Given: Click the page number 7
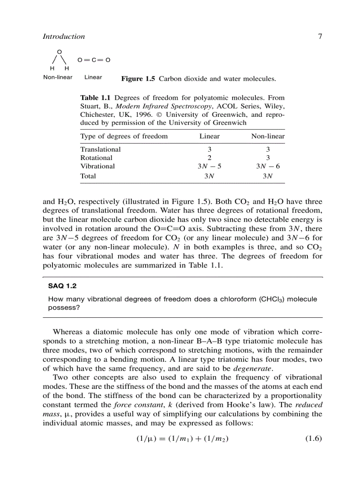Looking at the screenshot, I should [x=320, y=37].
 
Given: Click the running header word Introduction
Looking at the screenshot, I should [x=64, y=37].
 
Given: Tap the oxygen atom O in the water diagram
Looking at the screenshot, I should [x=59, y=52].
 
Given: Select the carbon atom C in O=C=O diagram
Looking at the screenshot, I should [x=94, y=60].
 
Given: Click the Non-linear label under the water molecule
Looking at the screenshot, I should [x=57, y=77].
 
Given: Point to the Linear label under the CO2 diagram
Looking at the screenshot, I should [x=93, y=77].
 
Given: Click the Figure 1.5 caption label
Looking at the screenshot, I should [x=138, y=79].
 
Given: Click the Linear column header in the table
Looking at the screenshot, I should [x=209, y=136].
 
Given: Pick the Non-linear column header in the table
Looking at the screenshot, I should [x=268, y=136].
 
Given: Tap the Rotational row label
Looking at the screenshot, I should [x=96, y=158].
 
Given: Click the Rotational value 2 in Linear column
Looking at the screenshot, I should [x=210, y=158].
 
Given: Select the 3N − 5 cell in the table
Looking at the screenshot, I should [x=209, y=166].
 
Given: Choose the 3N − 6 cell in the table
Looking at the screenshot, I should [x=268, y=166].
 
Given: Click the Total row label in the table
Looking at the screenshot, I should [x=88, y=176].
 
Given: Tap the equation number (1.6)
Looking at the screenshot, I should [x=314, y=439].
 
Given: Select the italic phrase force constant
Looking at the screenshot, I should [x=133, y=405].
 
